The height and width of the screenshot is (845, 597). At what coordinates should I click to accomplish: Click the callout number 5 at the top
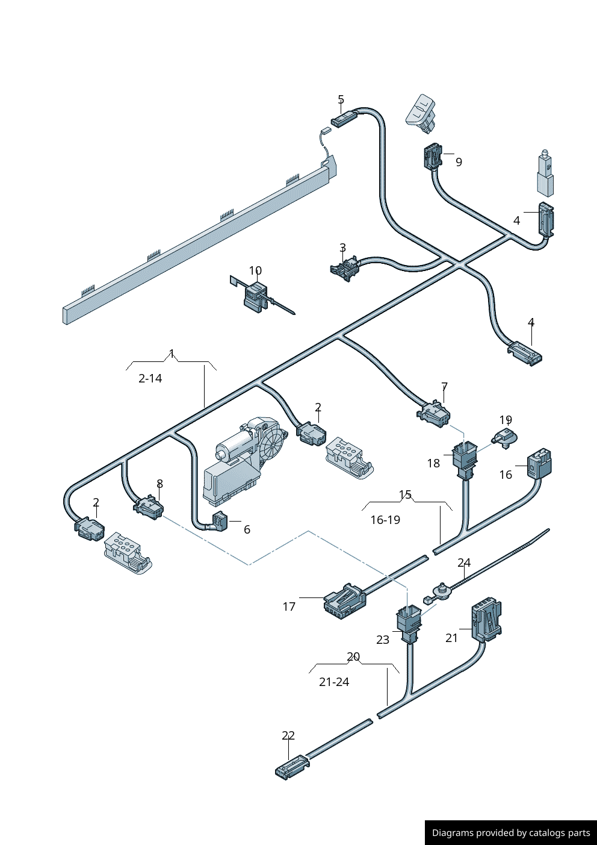pos(341,99)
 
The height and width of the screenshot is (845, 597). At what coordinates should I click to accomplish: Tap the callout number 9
pos(459,162)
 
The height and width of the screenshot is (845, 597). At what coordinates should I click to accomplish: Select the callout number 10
pos(255,270)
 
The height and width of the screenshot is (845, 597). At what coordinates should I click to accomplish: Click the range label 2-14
pos(150,378)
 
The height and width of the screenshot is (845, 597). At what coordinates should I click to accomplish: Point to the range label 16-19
pos(385,520)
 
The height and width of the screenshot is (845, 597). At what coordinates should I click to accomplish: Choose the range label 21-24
pos(334,682)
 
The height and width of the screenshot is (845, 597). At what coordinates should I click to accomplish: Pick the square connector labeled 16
pos(539,464)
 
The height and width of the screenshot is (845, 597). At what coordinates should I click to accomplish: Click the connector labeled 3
pos(344,269)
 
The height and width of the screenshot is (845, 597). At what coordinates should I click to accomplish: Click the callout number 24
pos(464,563)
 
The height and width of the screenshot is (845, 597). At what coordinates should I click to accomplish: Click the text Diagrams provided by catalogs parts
pos(511,833)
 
